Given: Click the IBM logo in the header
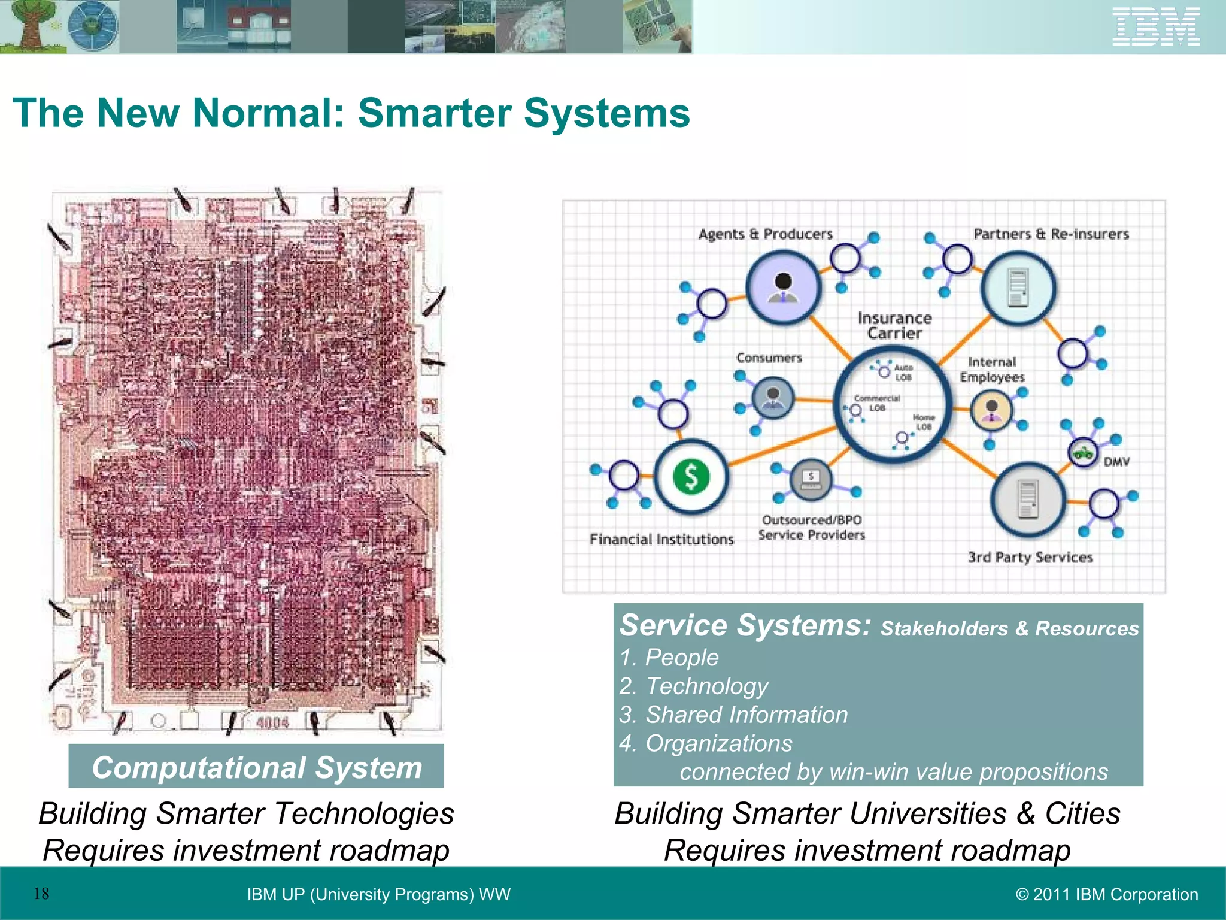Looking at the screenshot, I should pos(1155,26).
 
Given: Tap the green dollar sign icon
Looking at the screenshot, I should pos(691,477).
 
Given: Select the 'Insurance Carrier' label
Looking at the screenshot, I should pos(894,325).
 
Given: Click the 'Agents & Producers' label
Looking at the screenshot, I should pos(766,234).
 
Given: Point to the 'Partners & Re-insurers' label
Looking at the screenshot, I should pos(1051,234).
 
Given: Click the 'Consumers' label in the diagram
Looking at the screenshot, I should pos(769,358).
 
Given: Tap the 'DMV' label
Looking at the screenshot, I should pos(1117,462).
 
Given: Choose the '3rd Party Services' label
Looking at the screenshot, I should pos(1030,557).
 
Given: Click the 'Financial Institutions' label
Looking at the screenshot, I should pos(661,539).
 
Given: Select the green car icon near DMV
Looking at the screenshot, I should pos(1082,452).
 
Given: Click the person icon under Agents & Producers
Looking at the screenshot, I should pos(783,287).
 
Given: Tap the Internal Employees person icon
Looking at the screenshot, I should pos(991,411).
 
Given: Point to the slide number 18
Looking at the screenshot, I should pos(41,894).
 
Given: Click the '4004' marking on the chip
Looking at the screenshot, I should pos(272,722).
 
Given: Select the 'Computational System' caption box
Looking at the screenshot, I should pos(256,767).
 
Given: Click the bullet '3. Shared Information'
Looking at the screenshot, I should pos(733,715).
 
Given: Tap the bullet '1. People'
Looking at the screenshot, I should pos(669,658).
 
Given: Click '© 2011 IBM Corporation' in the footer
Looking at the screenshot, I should pos(1107,894).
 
